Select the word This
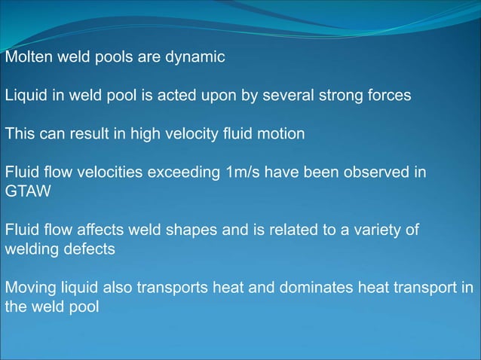(19, 135)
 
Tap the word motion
(281, 135)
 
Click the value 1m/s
(243, 173)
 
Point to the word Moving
(28, 289)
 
